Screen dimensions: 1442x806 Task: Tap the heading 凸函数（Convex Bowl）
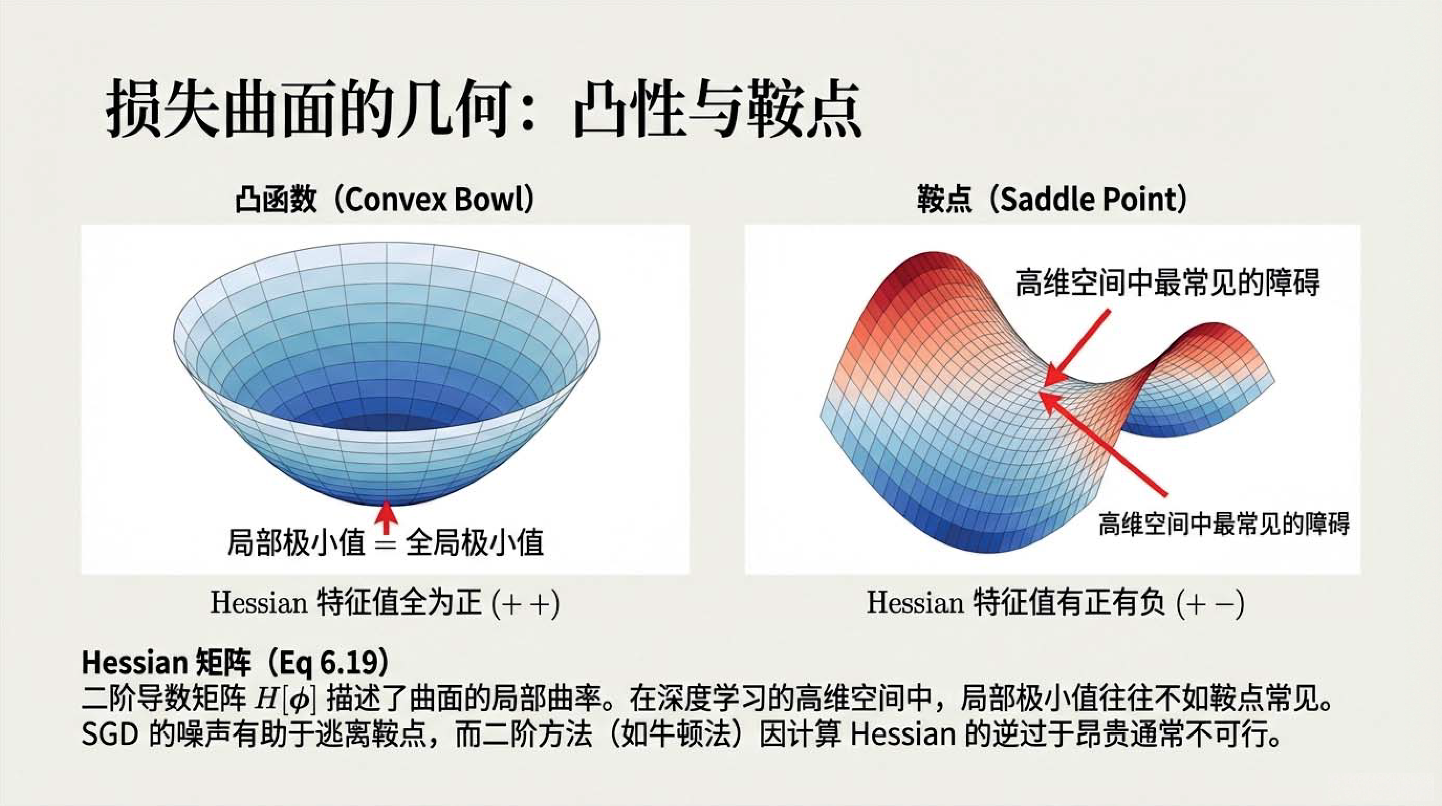pyautogui.click(x=385, y=199)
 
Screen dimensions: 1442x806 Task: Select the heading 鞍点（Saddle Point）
pyautogui.click(x=1052, y=199)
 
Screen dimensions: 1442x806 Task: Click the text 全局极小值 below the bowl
pyautogui.click(x=475, y=543)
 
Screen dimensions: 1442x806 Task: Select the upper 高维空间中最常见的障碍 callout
pyautogui.click(x=1168, y=281)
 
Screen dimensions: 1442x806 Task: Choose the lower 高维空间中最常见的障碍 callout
pyautogui.click(x=1224, y=524)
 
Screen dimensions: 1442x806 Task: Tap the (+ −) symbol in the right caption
pyautogui.click(x=1210, y=603)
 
